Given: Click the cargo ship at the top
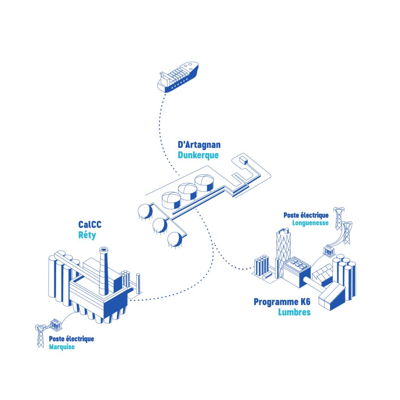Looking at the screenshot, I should (x=178, y=77).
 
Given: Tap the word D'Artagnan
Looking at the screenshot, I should (x=199, y=145).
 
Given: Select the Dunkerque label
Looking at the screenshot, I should (x=198, y=155).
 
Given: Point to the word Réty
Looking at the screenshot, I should (x=87, y=236).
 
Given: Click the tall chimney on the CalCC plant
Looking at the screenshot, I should (x=104, y=270).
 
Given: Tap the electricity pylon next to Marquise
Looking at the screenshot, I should (x=40, y=335).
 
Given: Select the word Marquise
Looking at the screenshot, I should (x=61, y=346).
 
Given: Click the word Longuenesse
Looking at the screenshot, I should (x=310, y=223).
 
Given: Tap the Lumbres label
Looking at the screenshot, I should (x=294, y=312).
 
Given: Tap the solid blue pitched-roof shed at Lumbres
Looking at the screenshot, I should (x=332, y=296).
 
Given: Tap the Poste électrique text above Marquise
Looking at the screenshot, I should (x=71, y=339).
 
